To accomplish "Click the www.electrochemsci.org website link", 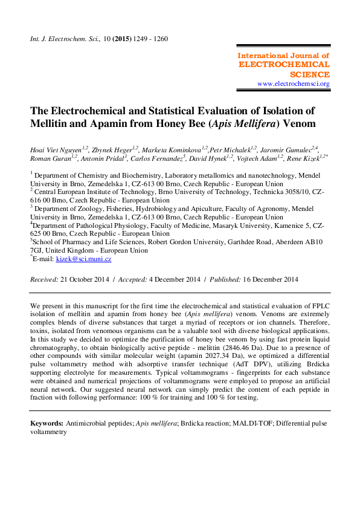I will point(293,83).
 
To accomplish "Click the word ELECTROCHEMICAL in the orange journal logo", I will point(284,64).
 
